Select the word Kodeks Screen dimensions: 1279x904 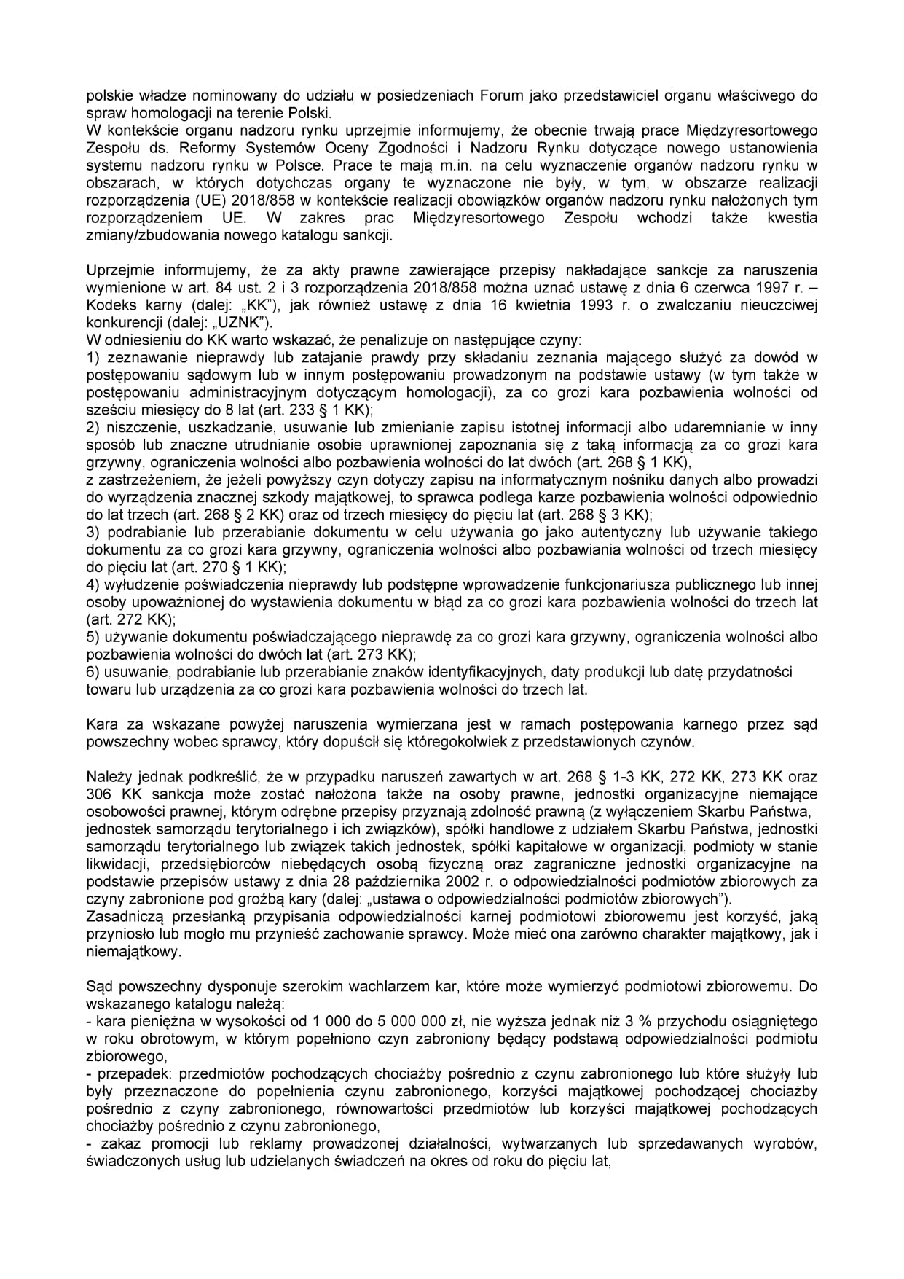coord(107,305)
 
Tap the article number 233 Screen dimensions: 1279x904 coord(304,410)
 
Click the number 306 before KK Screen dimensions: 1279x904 coord(98,794)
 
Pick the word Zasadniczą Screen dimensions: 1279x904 coord(120,917)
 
